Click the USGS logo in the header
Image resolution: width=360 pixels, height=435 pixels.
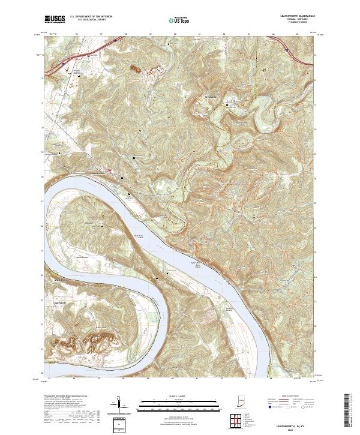(x=55, y=19)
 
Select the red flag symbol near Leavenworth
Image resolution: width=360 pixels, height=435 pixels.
(x=110, y=170)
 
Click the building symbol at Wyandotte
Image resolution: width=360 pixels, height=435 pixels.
(x=227, y=105)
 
